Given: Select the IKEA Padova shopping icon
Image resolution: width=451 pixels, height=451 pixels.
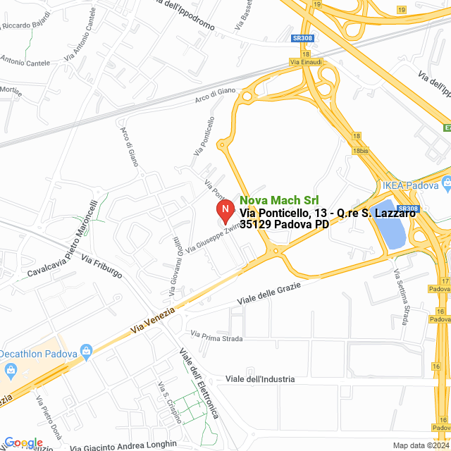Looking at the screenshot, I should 445,185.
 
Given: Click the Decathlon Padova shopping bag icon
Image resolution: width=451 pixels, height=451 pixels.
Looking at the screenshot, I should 87,350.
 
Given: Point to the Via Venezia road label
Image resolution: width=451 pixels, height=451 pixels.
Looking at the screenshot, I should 152,321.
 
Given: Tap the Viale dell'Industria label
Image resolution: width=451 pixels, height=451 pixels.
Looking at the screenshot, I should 260,379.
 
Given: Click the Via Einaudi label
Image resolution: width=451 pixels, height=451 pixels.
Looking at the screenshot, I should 305,62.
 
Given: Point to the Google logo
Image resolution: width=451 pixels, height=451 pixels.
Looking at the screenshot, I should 23,443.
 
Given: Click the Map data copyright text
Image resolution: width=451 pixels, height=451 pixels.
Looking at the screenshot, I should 420,445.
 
